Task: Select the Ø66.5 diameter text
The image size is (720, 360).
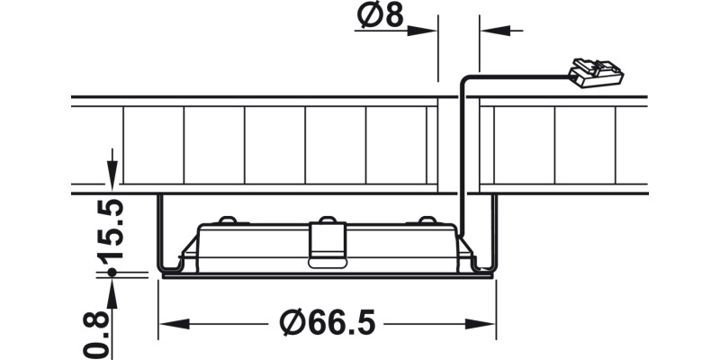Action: point(328,321)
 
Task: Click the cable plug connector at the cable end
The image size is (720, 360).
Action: point(595,72)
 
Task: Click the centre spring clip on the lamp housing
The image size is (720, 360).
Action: point(327,243)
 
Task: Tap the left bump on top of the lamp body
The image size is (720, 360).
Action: point(228,220)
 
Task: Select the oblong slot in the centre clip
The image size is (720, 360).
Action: point(327,263)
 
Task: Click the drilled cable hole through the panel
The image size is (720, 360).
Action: point(459,144)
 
